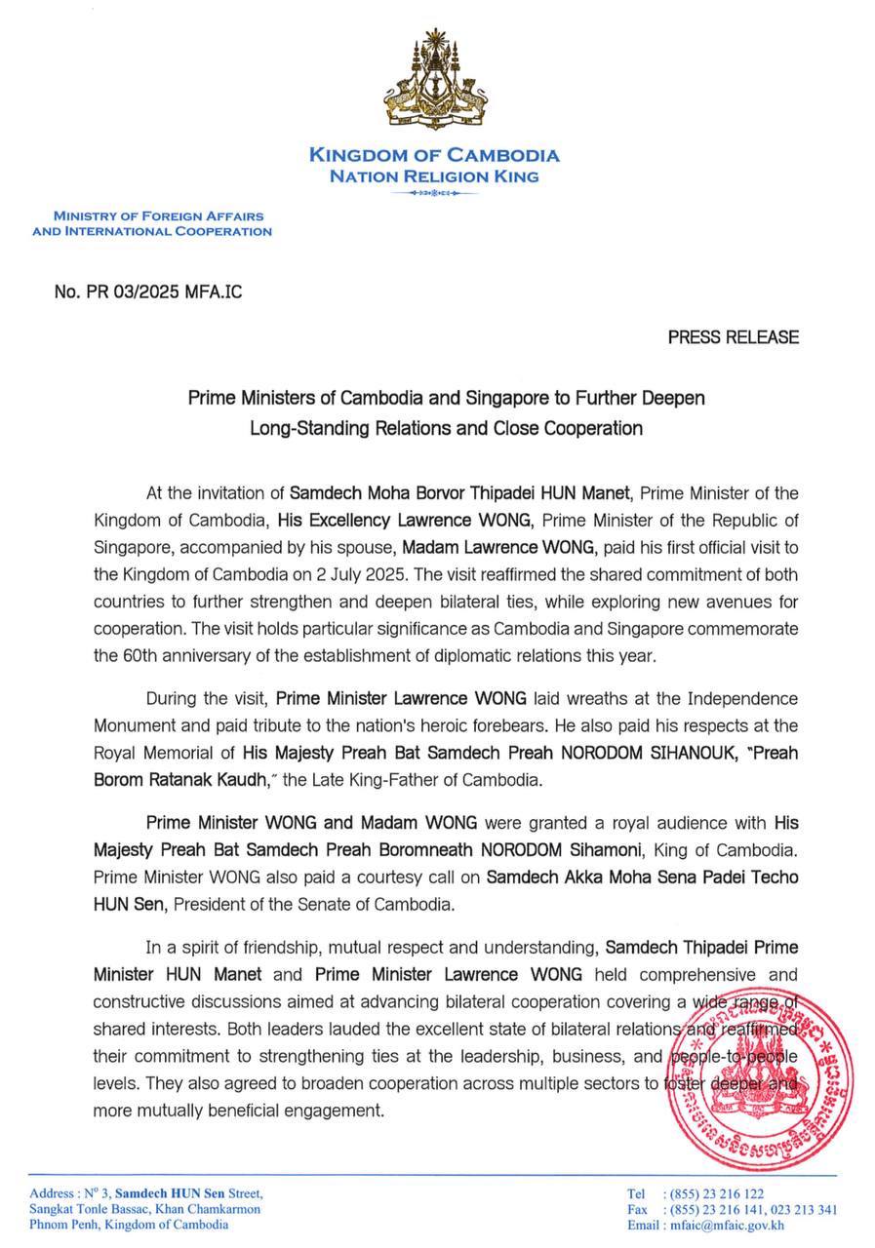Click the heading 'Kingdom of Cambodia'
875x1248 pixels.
434,155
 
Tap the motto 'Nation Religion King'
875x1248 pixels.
434,176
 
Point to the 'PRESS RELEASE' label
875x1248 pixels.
733,337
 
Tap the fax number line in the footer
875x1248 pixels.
732,1209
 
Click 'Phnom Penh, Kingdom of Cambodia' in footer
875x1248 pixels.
129,1225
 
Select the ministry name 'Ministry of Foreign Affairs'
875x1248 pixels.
158,215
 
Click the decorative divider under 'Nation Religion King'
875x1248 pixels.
434,194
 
